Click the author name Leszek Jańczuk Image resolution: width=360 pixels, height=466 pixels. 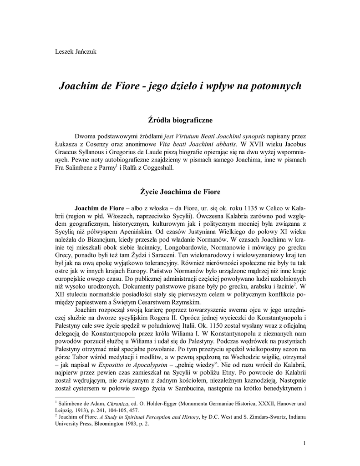point(76,51)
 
